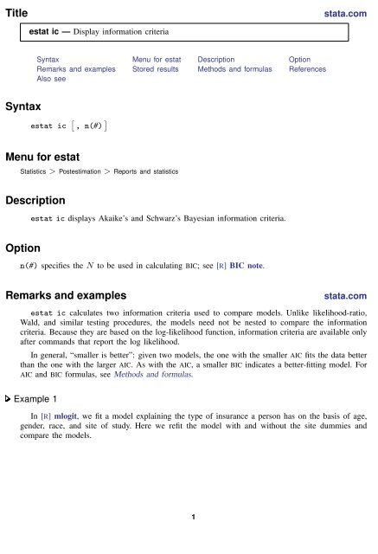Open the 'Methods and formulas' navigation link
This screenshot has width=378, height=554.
(234, 68)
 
